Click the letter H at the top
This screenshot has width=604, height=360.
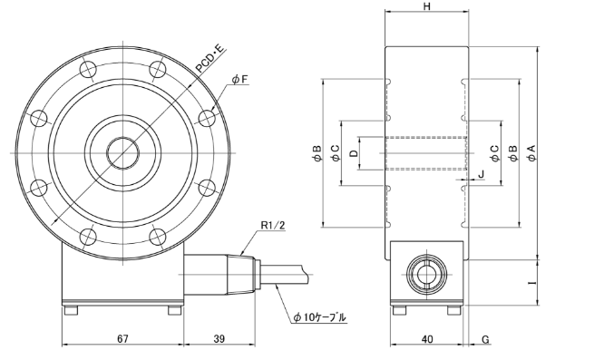(x=427, y=7)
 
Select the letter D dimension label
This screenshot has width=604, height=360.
(x=353, y=153)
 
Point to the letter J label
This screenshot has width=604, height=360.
(x=482, y=173)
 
